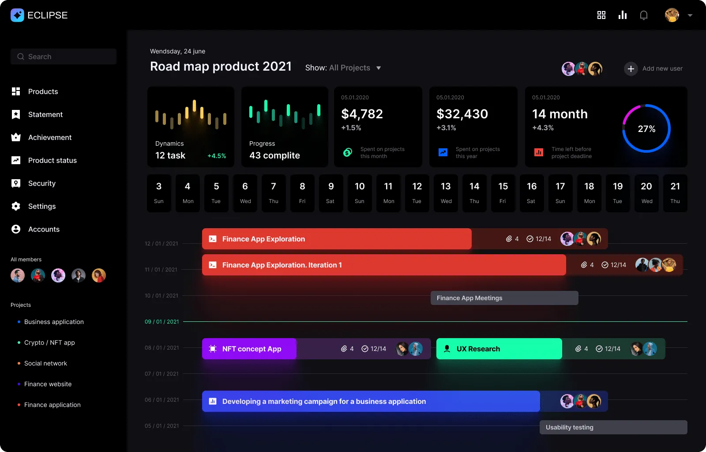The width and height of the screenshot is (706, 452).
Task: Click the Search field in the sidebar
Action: pos(64,56)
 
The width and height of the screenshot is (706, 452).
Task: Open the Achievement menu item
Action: pos(49,137)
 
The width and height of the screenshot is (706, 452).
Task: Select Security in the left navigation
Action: pos(41,183)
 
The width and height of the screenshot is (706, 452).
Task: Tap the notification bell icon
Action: pos(644,15)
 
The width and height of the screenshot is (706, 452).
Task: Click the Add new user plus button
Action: pos(631,68)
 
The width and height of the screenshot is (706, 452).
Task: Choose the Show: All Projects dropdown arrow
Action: pos(379,68)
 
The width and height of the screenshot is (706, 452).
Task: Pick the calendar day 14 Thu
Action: pos(474,193)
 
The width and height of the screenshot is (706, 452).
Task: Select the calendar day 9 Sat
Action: pos(331,193)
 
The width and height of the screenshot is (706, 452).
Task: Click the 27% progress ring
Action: pos(646,128)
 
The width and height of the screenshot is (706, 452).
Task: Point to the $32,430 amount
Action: pos(462,114)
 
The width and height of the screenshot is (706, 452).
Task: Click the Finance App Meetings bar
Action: pos(504,298)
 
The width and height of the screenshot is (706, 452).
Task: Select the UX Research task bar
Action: pos(499,349)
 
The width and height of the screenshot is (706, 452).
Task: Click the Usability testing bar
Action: pos(613,427)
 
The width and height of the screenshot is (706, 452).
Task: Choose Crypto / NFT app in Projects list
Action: pos(49,343)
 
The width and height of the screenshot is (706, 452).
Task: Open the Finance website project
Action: pos(48,384)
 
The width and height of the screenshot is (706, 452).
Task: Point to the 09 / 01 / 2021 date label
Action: pos(162,322)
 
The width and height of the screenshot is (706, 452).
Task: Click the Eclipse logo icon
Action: pos(17,15)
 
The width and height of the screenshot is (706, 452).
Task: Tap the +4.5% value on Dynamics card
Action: pos(217,156)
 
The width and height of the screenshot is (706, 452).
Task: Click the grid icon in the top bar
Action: pos(601,15)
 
